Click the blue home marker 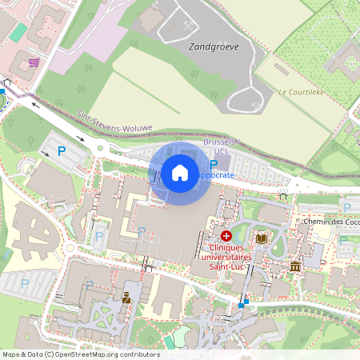180,173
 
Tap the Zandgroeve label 214,47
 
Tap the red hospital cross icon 226,236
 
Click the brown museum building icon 295,266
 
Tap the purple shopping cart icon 34,62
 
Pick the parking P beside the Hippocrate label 214,164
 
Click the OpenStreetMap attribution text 81,354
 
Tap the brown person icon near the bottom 126,298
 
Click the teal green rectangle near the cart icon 18,32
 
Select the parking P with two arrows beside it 62,150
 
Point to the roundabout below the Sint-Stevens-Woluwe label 101,148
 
